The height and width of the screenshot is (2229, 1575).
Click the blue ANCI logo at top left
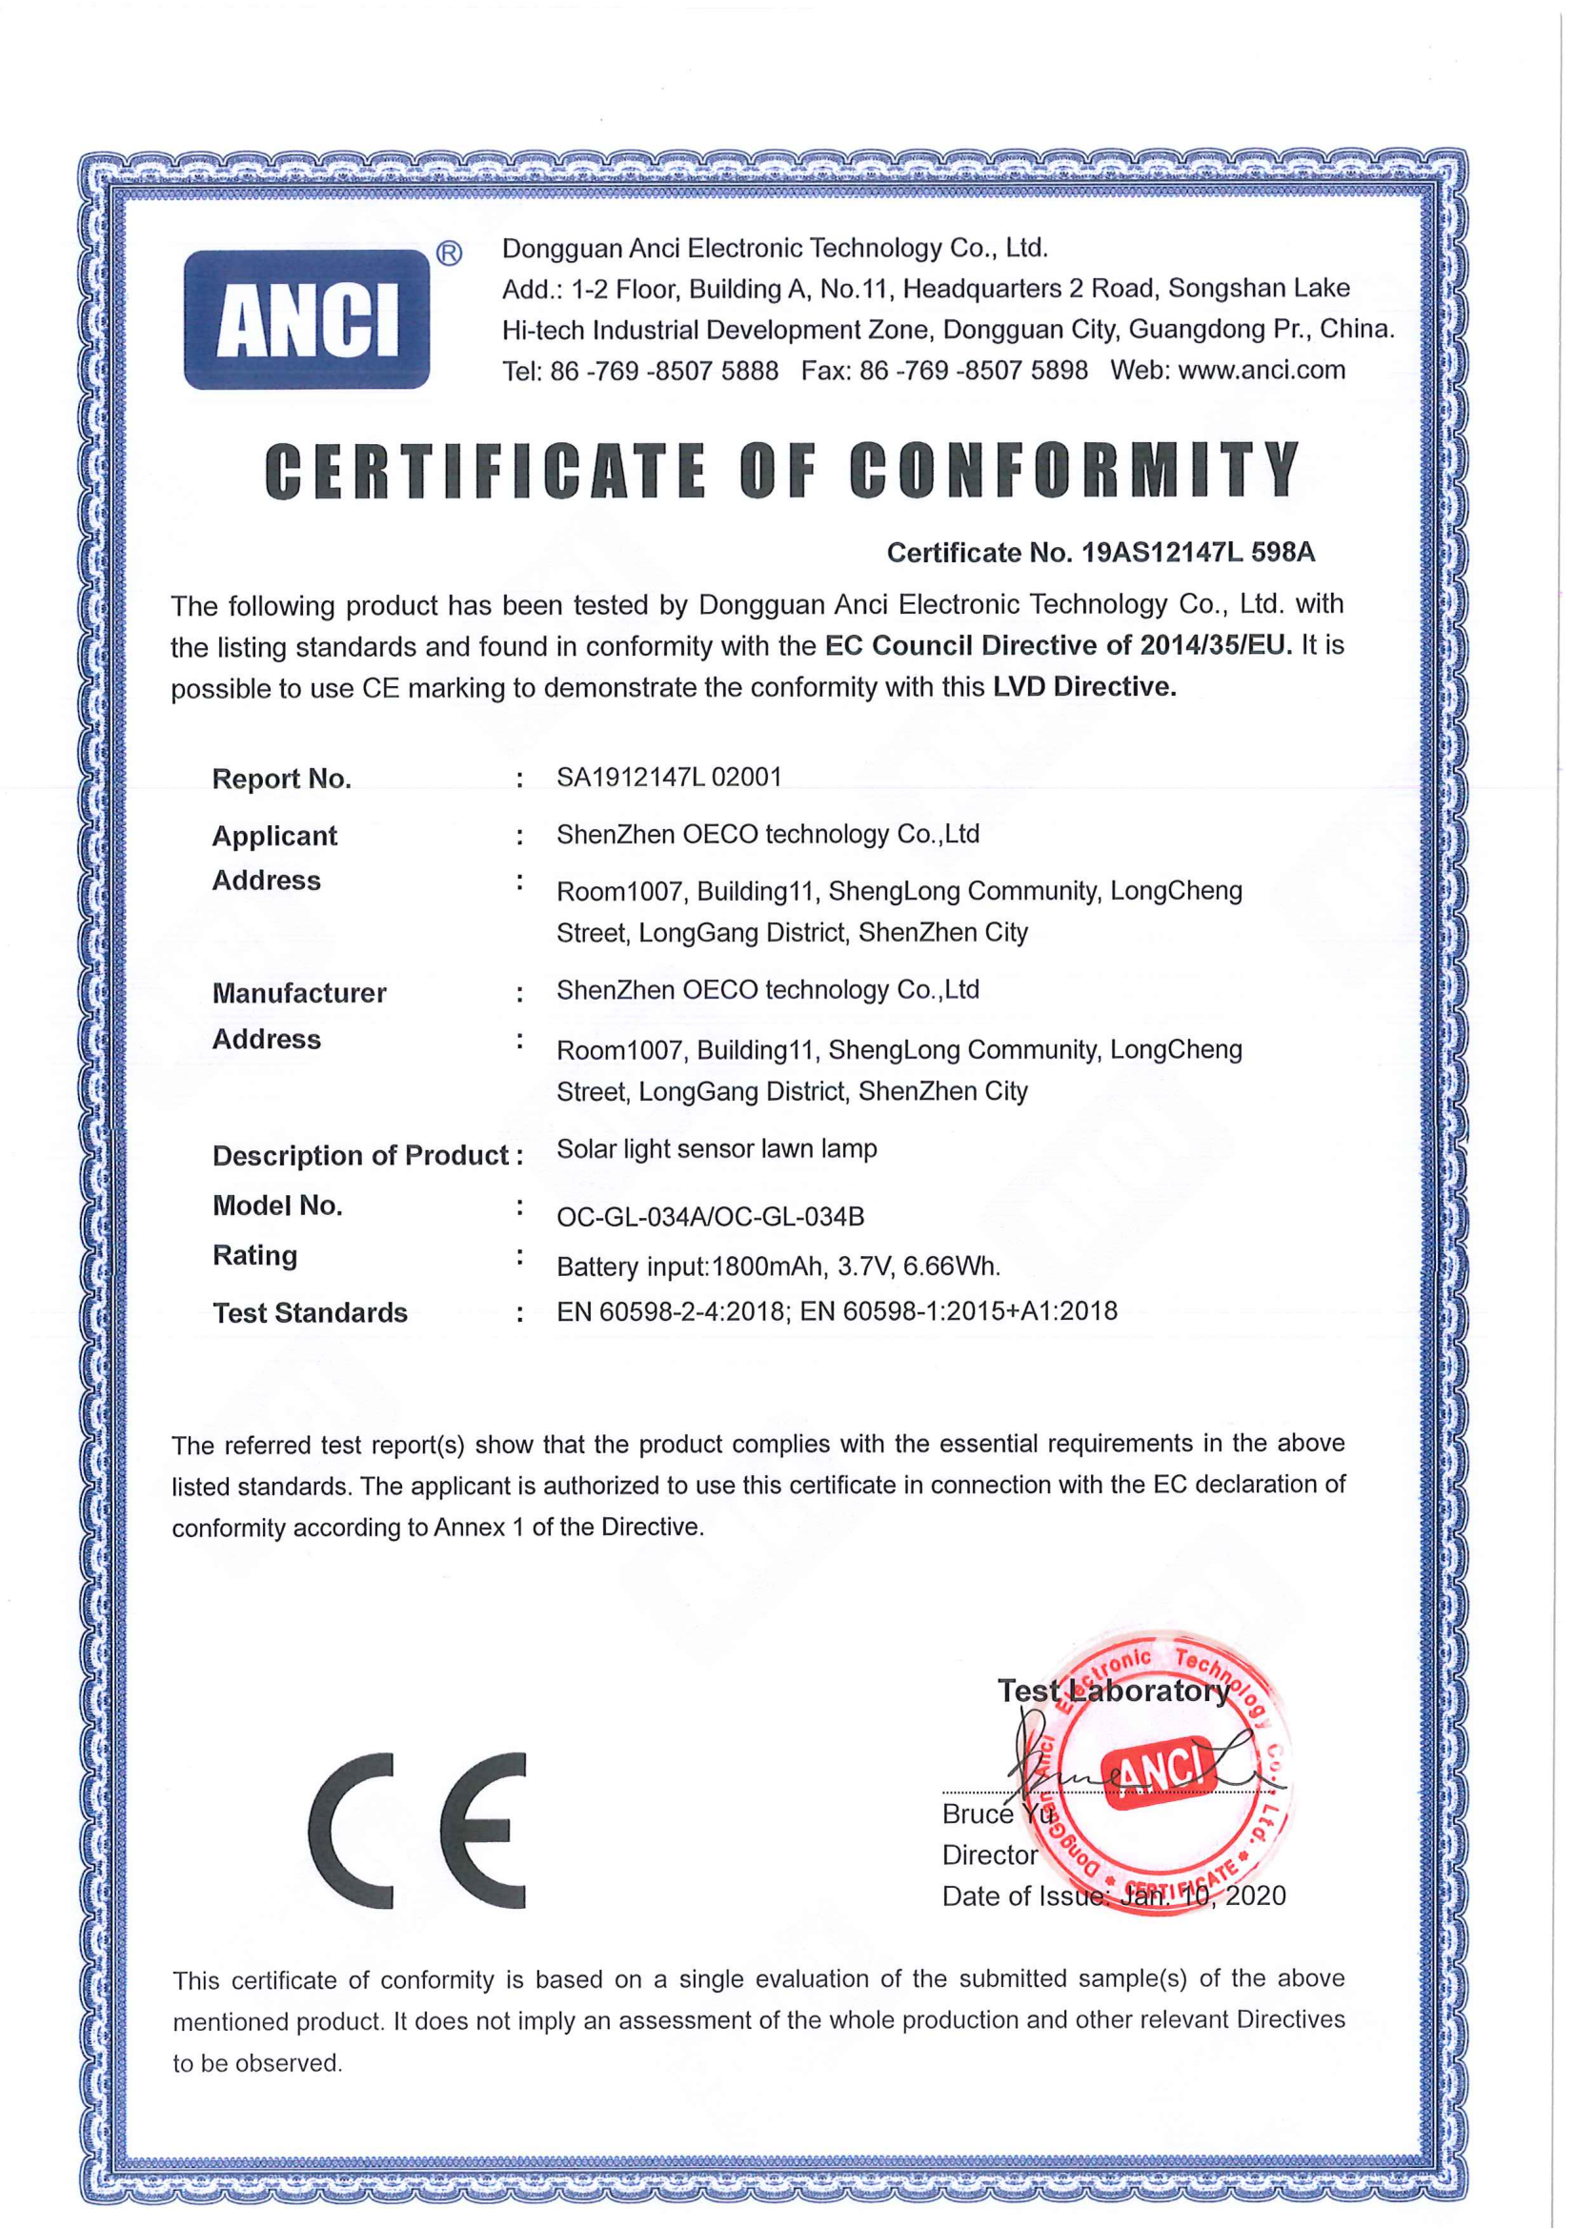(307, 319)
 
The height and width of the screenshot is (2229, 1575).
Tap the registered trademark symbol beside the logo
(449, 254)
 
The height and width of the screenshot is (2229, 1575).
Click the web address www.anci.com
(1261, 370)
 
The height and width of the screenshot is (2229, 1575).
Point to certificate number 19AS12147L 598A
(1198, 553)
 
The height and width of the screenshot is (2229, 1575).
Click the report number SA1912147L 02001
(669, 777)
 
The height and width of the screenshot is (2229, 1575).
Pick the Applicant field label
(274, 836)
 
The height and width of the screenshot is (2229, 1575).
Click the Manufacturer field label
(299, 993)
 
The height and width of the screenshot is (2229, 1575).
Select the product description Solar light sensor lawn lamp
(717, 1148)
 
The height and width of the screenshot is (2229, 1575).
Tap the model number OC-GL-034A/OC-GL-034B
(711, 1216)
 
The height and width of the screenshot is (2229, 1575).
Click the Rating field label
(255, 1255)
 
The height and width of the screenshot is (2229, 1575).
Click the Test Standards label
(310, 1312)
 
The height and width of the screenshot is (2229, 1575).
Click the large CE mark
(418, 1831)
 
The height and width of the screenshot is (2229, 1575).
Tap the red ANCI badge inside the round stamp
(1157, 1773)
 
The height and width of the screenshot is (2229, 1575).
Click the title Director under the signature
(990, 1855)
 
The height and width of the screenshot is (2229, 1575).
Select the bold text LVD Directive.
(1084, 687)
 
